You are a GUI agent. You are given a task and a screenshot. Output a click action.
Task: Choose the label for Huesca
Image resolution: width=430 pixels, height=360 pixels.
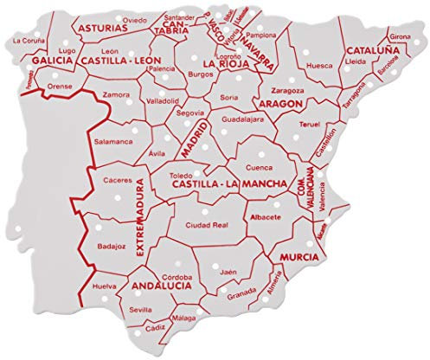pyautogui.click(x=319, y=65)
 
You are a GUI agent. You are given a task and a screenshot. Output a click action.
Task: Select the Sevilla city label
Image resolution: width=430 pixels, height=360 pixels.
pyautogui.click(x=141, y=308)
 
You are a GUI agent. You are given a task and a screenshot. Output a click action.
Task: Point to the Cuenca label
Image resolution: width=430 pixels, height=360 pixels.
pyautogui.click(x=259, y=169)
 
